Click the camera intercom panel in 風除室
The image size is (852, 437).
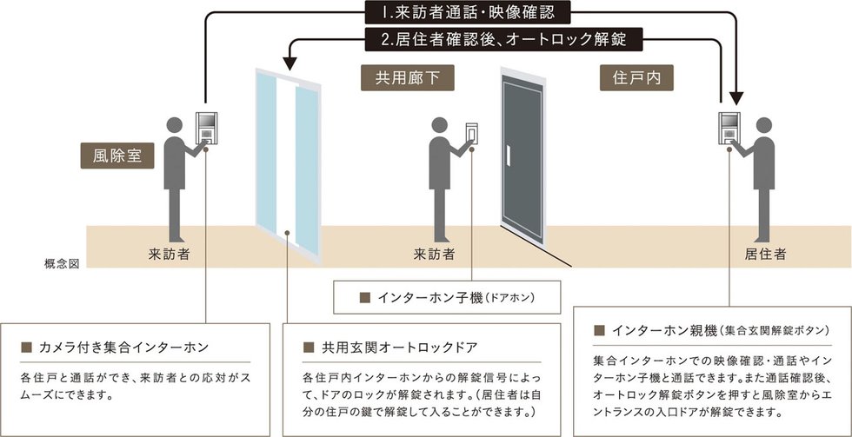pos(208,129)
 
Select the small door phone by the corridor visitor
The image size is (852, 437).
pos(472,131)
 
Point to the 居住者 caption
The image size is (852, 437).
pos(765,255)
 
